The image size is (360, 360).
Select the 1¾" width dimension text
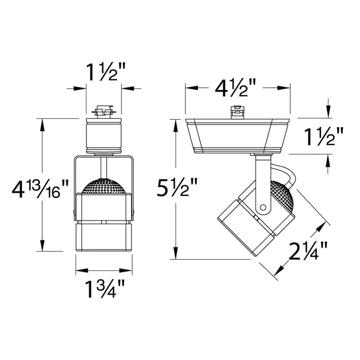click(x=105, y=289)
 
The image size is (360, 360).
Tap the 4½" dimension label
click(x=235, y=88)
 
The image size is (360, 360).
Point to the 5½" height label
click(x=177, y=187)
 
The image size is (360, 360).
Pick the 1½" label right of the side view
click(x=324, y=137)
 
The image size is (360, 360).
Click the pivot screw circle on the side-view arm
click(x=263, y=208)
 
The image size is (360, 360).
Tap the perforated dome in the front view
click(x=104, y=186)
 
